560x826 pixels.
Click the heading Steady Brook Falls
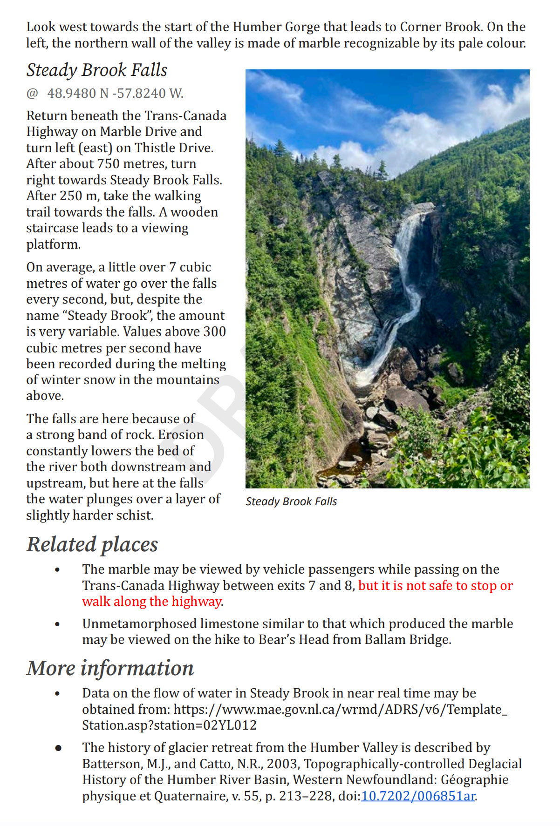(96, 70)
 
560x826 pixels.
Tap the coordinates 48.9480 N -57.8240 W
(115, 94)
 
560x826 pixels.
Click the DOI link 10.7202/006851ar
(418, 796)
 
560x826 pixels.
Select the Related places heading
(92, 544)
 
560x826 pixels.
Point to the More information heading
(110, 668)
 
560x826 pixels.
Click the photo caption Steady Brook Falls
(291, 501)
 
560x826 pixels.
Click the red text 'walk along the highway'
(151, 602)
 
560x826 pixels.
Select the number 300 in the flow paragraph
(214, 332)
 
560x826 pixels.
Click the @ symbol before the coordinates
(32, 94)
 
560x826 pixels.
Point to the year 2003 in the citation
(282, 764)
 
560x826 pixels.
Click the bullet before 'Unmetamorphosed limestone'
(57, 624)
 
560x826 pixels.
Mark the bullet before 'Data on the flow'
(57, 694)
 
